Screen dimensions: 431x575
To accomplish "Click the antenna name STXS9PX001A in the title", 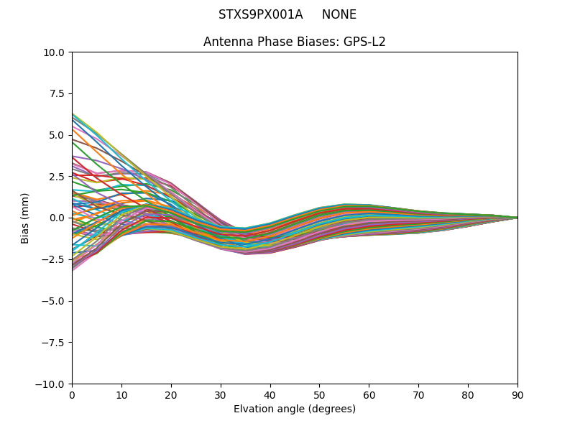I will tap(260, 14).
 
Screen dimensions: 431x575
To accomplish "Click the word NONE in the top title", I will tap(339, 14).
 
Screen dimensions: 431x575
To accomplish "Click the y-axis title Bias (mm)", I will tap(25, 218).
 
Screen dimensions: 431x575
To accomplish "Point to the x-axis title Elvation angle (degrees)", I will tap(295, 409).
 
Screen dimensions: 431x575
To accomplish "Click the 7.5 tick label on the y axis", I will tap(57, 93).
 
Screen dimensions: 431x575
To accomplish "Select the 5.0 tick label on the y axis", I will tap(57, 135).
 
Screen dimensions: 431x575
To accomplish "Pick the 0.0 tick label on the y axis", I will tap(57, 218).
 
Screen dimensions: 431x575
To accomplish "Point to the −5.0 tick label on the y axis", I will tap(55, 301).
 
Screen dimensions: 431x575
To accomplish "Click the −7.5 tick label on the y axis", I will tap(55, 342).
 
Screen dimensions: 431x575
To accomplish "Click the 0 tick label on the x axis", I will tap(72, 395).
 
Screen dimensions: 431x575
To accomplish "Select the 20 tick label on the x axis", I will tap(171, 395).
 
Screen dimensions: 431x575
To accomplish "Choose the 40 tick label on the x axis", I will tap(270, 395).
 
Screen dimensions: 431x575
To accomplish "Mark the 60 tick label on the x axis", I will tap(369, 395).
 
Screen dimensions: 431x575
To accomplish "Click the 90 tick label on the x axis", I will tap(517, 395).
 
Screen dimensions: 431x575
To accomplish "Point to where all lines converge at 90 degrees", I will tap(517, 218).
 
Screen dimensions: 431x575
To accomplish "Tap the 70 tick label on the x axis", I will tap(418, 395).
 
